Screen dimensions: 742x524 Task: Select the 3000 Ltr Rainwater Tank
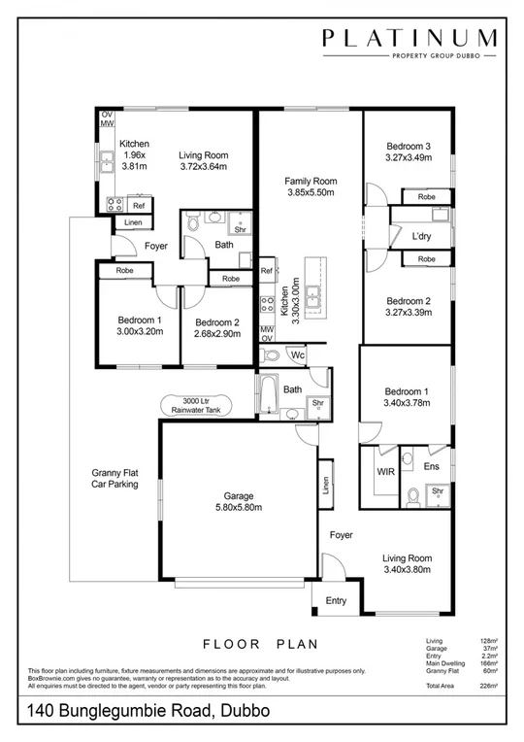[196, 405]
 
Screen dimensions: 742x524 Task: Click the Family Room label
[310, 186]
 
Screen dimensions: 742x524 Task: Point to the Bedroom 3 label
[408, 152]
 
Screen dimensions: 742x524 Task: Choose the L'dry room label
[421, 236]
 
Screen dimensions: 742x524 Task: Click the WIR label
[383, 471]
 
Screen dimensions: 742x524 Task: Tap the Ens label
[432, 467]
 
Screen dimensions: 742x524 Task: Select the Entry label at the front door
[336, 601]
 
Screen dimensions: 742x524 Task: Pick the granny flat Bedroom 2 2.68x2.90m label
[216, 327]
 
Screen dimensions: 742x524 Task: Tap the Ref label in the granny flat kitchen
[139, 206]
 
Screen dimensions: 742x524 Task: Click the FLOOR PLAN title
[262, 643]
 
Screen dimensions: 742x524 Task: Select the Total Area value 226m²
[488, 686]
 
